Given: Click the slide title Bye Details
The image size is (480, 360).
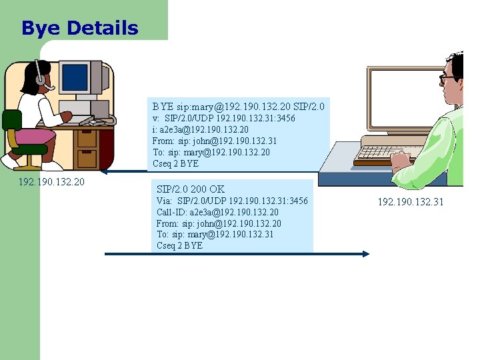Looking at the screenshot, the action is pyautogui.click(x=80, y=28).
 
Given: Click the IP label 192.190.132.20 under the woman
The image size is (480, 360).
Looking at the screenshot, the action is pyautogui.click(x=51, y=181).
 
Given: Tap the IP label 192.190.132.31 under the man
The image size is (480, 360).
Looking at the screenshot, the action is pyautogui.click(x=410, y=202).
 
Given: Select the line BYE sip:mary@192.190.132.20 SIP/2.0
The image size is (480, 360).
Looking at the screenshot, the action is pyautogui.click(x=238, y=107).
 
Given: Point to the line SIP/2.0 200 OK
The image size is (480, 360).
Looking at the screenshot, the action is pyautogui.click(x=190, y=189).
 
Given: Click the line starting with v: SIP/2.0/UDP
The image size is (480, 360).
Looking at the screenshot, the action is pyautogui.click(x=224, y=119).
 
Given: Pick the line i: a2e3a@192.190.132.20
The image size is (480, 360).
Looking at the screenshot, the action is pyautogui.click(x=200, y=130).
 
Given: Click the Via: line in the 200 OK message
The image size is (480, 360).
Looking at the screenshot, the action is pyautogui.click(x=232, y=201).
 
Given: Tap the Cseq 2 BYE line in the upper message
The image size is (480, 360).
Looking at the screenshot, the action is pyautogui.click(x=175, y=164).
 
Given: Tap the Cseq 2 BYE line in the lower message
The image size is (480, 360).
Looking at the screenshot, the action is pyautogui.click(x=179, y=245).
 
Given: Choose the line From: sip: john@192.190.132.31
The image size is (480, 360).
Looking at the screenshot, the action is pyautogui.click(x=214, y=141).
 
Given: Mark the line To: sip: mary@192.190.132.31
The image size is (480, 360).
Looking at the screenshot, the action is pyautogui.click(x=215, y=234).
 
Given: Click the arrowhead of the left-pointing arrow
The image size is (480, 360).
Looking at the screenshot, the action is pyautogui.click(x=109, y=172).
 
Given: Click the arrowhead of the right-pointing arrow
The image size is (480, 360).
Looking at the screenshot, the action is pyautogui.click(x=365, y=254).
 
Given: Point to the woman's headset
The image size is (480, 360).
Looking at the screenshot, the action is pyautogui.click(x=40, y=76).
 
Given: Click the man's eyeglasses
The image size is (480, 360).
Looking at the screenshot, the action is pyautogui.click(x=448, y=78).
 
